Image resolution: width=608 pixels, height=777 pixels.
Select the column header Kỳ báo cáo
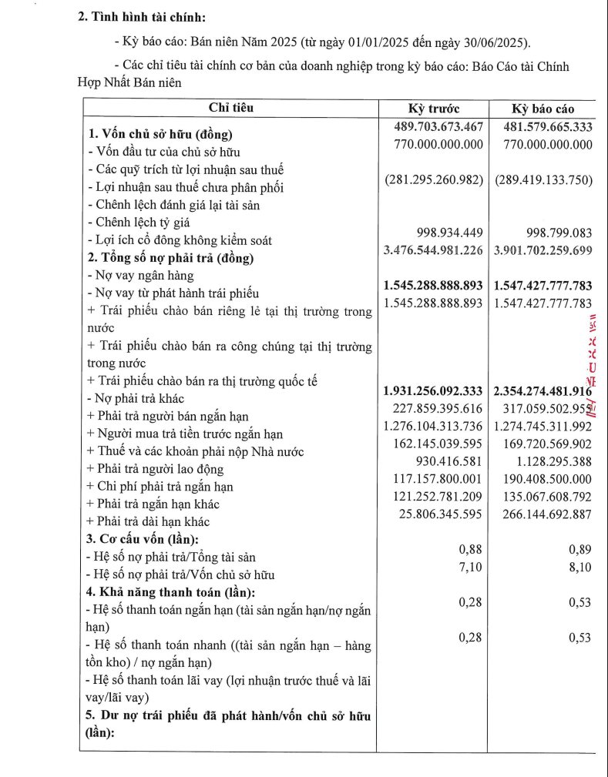click(543, 109)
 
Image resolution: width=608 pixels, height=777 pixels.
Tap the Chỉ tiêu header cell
click(230, 109)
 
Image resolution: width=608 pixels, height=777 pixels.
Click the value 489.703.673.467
click(437, 126)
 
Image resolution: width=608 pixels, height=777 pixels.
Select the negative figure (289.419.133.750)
click(543, 180)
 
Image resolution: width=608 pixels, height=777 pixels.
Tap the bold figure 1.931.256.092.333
click(433, 391)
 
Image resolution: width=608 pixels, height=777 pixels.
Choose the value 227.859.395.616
click(437, 409)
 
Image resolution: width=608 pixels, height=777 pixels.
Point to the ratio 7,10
click(470, 568)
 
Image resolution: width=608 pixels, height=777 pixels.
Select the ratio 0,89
click(579, 550)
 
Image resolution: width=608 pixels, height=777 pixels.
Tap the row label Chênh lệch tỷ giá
click(138, 223)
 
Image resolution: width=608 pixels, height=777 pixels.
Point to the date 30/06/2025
click(496, 42)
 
